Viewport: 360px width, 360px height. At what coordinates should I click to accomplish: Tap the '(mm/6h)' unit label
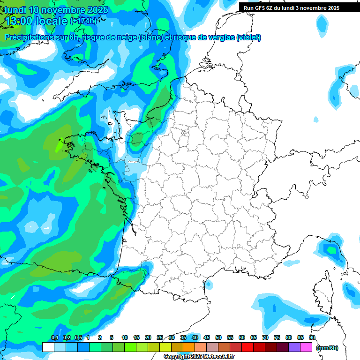(327, 348)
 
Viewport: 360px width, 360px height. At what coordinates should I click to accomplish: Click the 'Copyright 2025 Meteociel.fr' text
(199, 357)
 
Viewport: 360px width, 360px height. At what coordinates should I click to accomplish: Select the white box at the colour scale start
(48, 347)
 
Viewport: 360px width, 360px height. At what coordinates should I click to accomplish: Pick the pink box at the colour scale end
(306, 347)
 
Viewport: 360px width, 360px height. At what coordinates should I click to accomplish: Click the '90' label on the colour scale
(312, 338)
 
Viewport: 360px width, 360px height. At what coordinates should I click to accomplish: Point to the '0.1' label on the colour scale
(54, 338)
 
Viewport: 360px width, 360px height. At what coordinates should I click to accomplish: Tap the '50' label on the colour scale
(218, 338)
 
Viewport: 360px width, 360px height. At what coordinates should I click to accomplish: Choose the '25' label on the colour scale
(160, 338)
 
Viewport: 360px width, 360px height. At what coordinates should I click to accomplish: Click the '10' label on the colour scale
(125, 338)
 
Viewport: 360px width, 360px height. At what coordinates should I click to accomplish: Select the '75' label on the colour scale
(277, 338)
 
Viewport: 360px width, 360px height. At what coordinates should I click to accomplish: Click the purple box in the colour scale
(294, 347)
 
